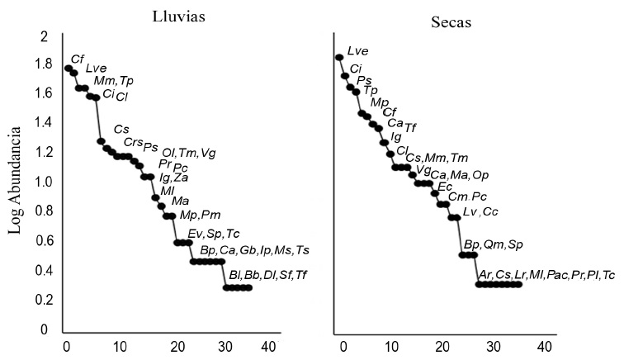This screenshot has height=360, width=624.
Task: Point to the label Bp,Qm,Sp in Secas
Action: pyautogui.click(x=493, y=244)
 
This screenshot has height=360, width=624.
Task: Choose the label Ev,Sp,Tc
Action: pyautogui.click(x=214, y=233)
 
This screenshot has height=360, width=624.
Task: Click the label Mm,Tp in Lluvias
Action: pyautogui.click(x=114, y=81)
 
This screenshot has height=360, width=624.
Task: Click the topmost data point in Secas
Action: pyautogui.click(x=338, y=57)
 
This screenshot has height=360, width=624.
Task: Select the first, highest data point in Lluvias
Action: pyautogui.click(x=69, y=68)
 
